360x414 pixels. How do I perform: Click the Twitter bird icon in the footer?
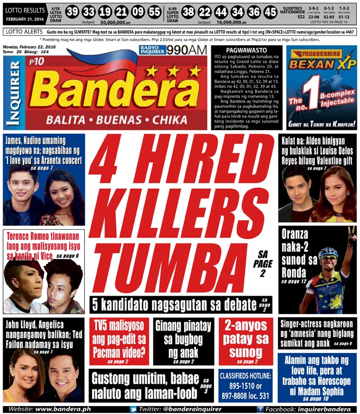pos(133,409)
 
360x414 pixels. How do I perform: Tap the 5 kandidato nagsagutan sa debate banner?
pos(181,304)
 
